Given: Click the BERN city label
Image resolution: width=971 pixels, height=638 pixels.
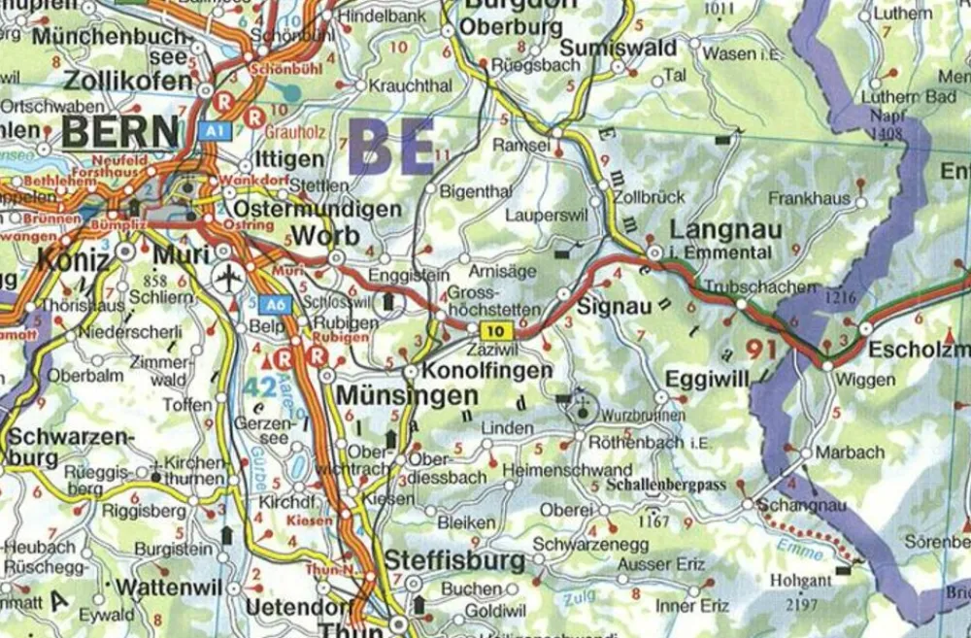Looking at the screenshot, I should tap(120, 131).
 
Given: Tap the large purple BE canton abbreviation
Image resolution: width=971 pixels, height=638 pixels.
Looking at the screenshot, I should tap(391, 147).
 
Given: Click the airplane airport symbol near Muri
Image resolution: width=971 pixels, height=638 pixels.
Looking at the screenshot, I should tap(228, 280).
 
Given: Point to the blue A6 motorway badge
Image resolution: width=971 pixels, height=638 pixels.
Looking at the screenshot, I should tap(277, 304).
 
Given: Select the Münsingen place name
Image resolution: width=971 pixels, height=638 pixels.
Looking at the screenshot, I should tap(407, 397).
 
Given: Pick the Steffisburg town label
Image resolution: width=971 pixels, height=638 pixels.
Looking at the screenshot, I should tap(454, 560).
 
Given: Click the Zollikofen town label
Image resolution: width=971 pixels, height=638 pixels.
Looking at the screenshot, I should tap(129, 81).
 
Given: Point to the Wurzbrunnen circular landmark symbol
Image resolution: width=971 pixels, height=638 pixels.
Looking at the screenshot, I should tap(583, 410).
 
